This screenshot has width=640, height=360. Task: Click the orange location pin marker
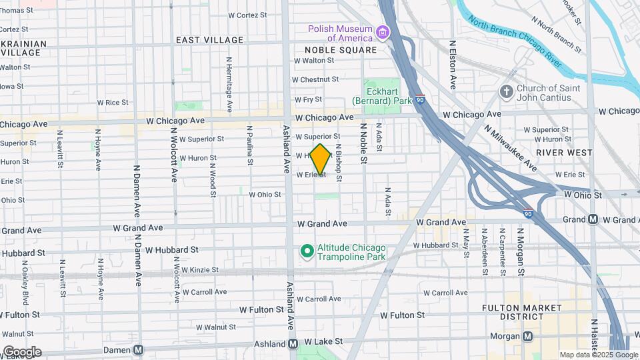tap(321, 159)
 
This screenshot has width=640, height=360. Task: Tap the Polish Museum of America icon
tap(382, 33)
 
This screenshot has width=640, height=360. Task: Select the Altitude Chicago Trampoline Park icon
tap(307, 251)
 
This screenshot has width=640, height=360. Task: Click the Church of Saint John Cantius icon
tap(507, 92)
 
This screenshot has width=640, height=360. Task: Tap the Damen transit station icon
tap(138, 349)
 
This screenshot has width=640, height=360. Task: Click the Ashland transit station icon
tap(293, 344)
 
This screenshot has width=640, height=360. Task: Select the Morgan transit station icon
tap(527, 336)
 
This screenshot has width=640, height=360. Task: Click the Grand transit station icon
tap(593, 219)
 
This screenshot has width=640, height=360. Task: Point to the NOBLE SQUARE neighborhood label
tap(341, 50)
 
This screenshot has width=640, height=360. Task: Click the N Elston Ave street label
tap(452, 64)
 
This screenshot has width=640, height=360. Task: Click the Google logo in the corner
tap(21, 352)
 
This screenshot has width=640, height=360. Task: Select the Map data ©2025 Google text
tap(598, 355)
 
